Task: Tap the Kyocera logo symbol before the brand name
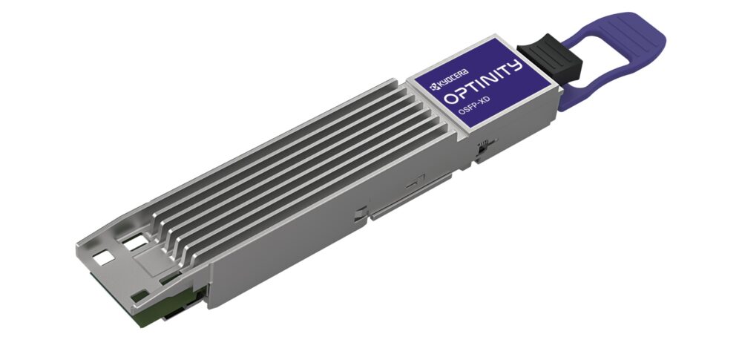[430, 87]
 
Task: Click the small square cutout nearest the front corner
[103, 258]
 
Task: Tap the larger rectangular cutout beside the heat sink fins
[134, 243]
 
